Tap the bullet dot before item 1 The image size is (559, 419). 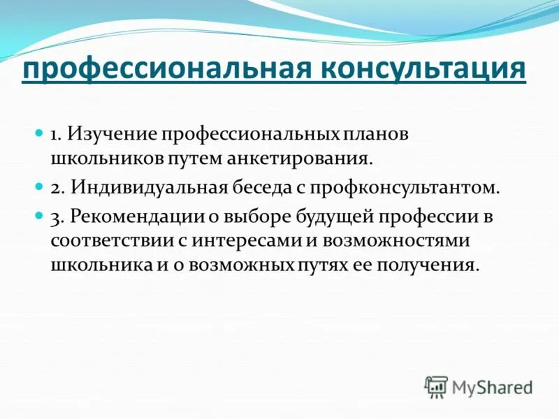[x=40, y=131]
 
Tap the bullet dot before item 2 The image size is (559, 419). [x=40, y=186]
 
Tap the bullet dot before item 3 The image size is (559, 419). [x=40, y=214]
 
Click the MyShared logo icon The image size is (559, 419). [x=435, y=386]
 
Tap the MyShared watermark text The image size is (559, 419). [x=493, y=387]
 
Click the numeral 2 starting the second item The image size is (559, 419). [x=55, y=188]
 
